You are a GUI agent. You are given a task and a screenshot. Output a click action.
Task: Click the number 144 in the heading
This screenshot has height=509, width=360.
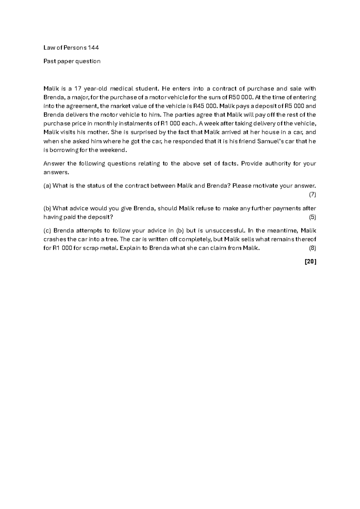[x=93, y=47]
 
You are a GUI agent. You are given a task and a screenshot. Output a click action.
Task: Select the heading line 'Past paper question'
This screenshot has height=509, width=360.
[x=72, y=61]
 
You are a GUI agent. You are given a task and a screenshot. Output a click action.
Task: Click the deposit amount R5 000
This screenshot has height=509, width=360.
[x=293, y=106]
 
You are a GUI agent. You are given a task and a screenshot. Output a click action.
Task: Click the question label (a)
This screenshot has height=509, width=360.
[x=47, y=185]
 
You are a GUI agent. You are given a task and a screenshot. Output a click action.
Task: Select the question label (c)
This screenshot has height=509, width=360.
[x=47, y=230]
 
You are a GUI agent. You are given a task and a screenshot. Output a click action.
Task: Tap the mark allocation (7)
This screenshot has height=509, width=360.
[x=312, y=194]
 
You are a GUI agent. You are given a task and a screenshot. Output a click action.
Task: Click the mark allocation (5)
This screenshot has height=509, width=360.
[x=312, y=217]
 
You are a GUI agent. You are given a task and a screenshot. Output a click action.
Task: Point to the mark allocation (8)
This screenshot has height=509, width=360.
[x=312, y=248]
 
